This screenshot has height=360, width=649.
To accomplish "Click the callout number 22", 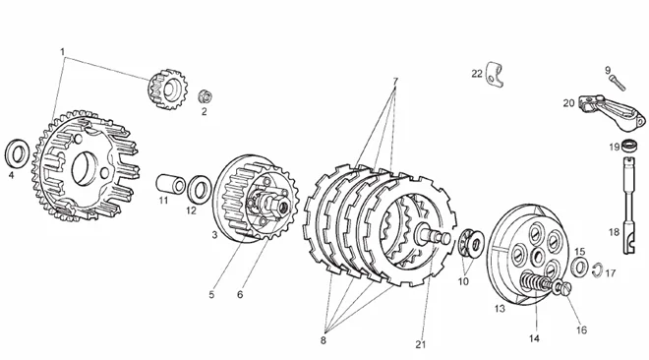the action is click(x=477, y=74).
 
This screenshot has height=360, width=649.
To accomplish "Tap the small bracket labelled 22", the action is click(x=495, y=75).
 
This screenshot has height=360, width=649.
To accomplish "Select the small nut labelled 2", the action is click(x=205, y=96).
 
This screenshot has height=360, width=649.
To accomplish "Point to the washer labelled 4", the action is click(x=17, y=153).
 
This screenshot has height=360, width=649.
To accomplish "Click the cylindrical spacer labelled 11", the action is click(x=170, y=184).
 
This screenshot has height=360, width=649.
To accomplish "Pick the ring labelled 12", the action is click(x=200, y=190).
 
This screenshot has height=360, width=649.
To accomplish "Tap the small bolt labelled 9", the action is click(x=618, y=84).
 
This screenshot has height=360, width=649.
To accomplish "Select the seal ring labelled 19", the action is click(x=628, y=147).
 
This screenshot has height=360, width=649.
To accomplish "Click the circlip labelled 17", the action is click(x=597, y=270).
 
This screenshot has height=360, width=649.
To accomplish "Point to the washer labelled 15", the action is click(x=580, y=267).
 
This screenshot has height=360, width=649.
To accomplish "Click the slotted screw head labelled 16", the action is click(x=562, y=288).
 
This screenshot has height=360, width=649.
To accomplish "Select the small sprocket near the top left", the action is click(x=167, y=90).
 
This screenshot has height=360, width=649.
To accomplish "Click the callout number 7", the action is click(x=395, y=82).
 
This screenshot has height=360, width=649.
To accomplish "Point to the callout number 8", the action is click(x=324, y=340).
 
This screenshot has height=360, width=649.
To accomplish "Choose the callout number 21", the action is click(x=421, y=344).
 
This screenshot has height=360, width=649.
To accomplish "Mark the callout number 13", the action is click(x=500, y=309).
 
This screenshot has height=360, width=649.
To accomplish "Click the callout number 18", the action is click(x=615, y=232).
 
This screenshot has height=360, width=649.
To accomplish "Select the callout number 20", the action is click(x=568, y=103).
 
